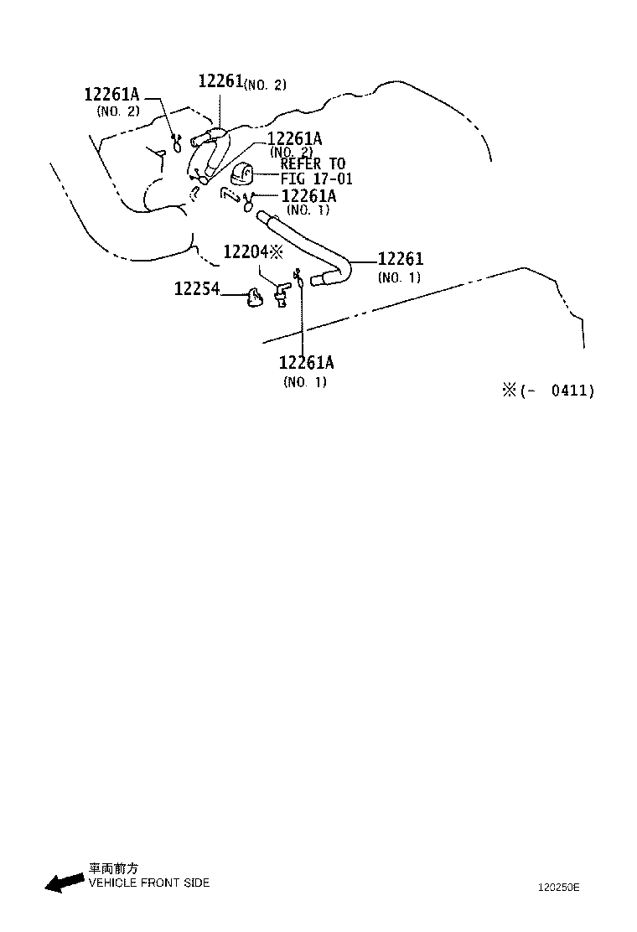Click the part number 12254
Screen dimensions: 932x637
pyautogui.click(x=196, y=289)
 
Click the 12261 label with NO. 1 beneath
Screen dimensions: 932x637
pyautogui.click(x=400, y=260)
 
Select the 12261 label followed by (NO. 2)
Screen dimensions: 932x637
pyautogui.click(x=220, y=81)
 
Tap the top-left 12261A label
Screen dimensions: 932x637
pyautogui.click(x=111, y=94)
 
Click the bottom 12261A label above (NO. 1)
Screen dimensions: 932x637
pyautogui.click(x=306, y=362)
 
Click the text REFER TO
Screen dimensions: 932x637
pyautogui.click(x=312, y=164)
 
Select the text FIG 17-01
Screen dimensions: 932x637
pyautogui.click(x=316, y=179)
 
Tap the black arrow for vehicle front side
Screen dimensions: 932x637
pyautogui.click(x=64, y=883)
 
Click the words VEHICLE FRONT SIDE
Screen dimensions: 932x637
pyautogui.click(x=148, y=883)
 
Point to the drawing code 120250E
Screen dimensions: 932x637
pyautogui.click(x=558, y=887)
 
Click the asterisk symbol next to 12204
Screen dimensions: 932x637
pyautogui.click(x=277, y=251)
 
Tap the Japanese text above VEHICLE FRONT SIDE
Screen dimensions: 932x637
pyautogui.click(x=113, y=869)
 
